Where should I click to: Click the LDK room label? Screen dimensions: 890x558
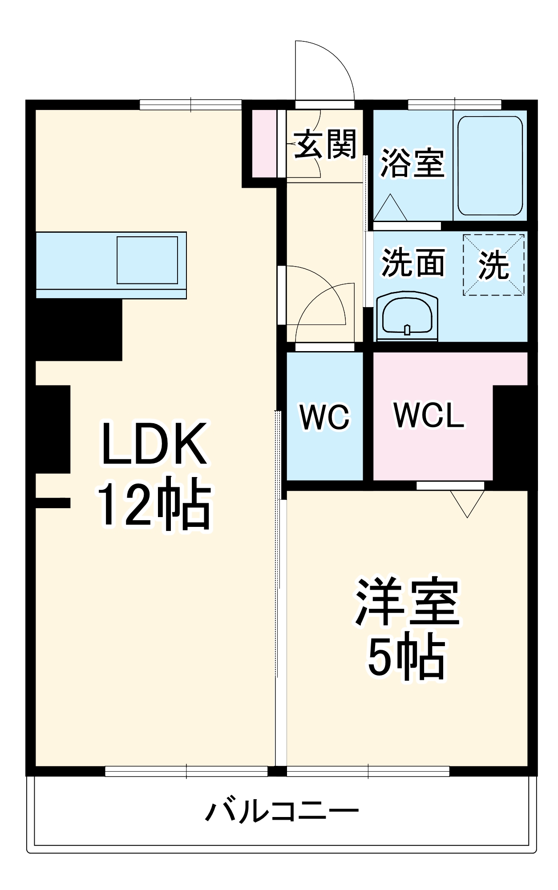tap(154, 444)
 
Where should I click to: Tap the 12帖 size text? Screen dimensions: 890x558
tap(154, 505)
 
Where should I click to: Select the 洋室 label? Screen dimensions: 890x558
tap(407, 602)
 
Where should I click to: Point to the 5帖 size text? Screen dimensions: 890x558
tap(406, 658)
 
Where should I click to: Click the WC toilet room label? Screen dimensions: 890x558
tap(325, 417)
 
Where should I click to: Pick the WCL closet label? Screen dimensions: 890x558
tap(429, 416)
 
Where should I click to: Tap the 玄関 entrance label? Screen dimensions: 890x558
tap(325, 144)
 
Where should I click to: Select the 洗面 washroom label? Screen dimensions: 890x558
tap(413, 263)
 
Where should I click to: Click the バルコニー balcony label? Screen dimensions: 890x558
tap(281, 811)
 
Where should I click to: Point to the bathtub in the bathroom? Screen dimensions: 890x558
tap(490, 166)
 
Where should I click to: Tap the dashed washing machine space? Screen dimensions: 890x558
tap(493, 265)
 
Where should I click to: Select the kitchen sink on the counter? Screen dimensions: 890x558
tap(147, 260)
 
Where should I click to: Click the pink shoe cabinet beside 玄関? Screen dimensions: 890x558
tap(264, 143)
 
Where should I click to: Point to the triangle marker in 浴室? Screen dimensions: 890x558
tap(390, 208)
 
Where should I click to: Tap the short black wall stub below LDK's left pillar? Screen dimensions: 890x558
tap(53, 502)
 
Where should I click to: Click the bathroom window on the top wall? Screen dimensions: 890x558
tap(454, 105)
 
